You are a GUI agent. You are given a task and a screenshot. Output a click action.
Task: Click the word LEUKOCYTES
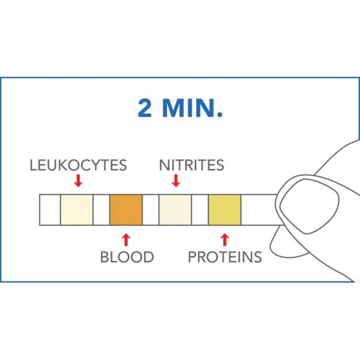(x=78, y=165)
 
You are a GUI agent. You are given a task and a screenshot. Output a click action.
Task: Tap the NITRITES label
(x=192, y=165)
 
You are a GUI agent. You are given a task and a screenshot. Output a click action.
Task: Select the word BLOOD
(x=127, y=257)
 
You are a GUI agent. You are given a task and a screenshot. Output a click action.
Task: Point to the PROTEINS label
(x=225, y=257)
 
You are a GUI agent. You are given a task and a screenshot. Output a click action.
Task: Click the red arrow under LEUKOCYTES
(x=78, y=181)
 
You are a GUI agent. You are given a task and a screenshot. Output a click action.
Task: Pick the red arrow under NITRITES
(x=176, y=181)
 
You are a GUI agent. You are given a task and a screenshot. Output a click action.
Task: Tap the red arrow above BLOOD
(x=126, y=239)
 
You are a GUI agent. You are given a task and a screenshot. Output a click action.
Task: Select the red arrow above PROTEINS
(x=225, y=239)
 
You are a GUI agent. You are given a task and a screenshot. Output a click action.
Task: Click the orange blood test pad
(x=126, y=210)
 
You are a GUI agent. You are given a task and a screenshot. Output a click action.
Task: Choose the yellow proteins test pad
(x=225, y=210)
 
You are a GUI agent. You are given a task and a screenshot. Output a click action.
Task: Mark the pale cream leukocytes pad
(x=77, y=210)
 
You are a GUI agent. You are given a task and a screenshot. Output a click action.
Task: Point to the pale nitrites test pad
(x=175, y=210)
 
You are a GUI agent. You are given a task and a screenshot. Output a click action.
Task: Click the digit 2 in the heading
(x=145, y=108)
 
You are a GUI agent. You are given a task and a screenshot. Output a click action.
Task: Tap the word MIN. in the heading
(x=193, y=108)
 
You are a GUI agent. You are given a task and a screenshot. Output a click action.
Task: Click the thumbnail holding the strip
(x=309, y=206)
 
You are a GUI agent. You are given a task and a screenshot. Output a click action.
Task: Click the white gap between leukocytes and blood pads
(x=101, y=210)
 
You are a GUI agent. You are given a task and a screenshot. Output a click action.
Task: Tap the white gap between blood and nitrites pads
(x=151, y=210)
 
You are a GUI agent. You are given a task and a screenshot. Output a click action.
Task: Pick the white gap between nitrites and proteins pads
(x=200, y=210)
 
